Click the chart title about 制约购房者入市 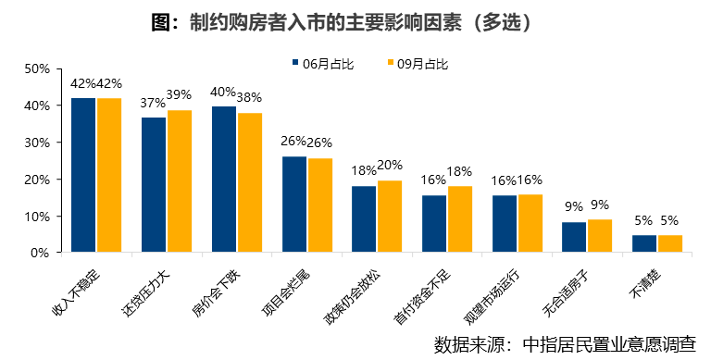(x=355, y=21)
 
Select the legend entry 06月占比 (x=317, y=64)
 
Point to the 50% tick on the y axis (x=36, y=69)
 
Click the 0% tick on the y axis (x=40, y=253)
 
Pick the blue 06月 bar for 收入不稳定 (x=83, y=175)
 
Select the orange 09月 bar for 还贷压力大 (x=180, y=181)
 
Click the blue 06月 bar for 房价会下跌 (x=224, y=180)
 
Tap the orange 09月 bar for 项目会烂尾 (x=320, y=205)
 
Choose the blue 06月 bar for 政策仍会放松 (x=364, y=219)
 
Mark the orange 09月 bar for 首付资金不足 (x=460, y=219)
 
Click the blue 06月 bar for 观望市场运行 (x=505, y=224)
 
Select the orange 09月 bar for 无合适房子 (x=600, y=236)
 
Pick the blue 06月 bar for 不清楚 (x=644, y=243)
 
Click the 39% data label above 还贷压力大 (x=180, y=94)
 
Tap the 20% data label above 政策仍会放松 (x=390, y=166)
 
